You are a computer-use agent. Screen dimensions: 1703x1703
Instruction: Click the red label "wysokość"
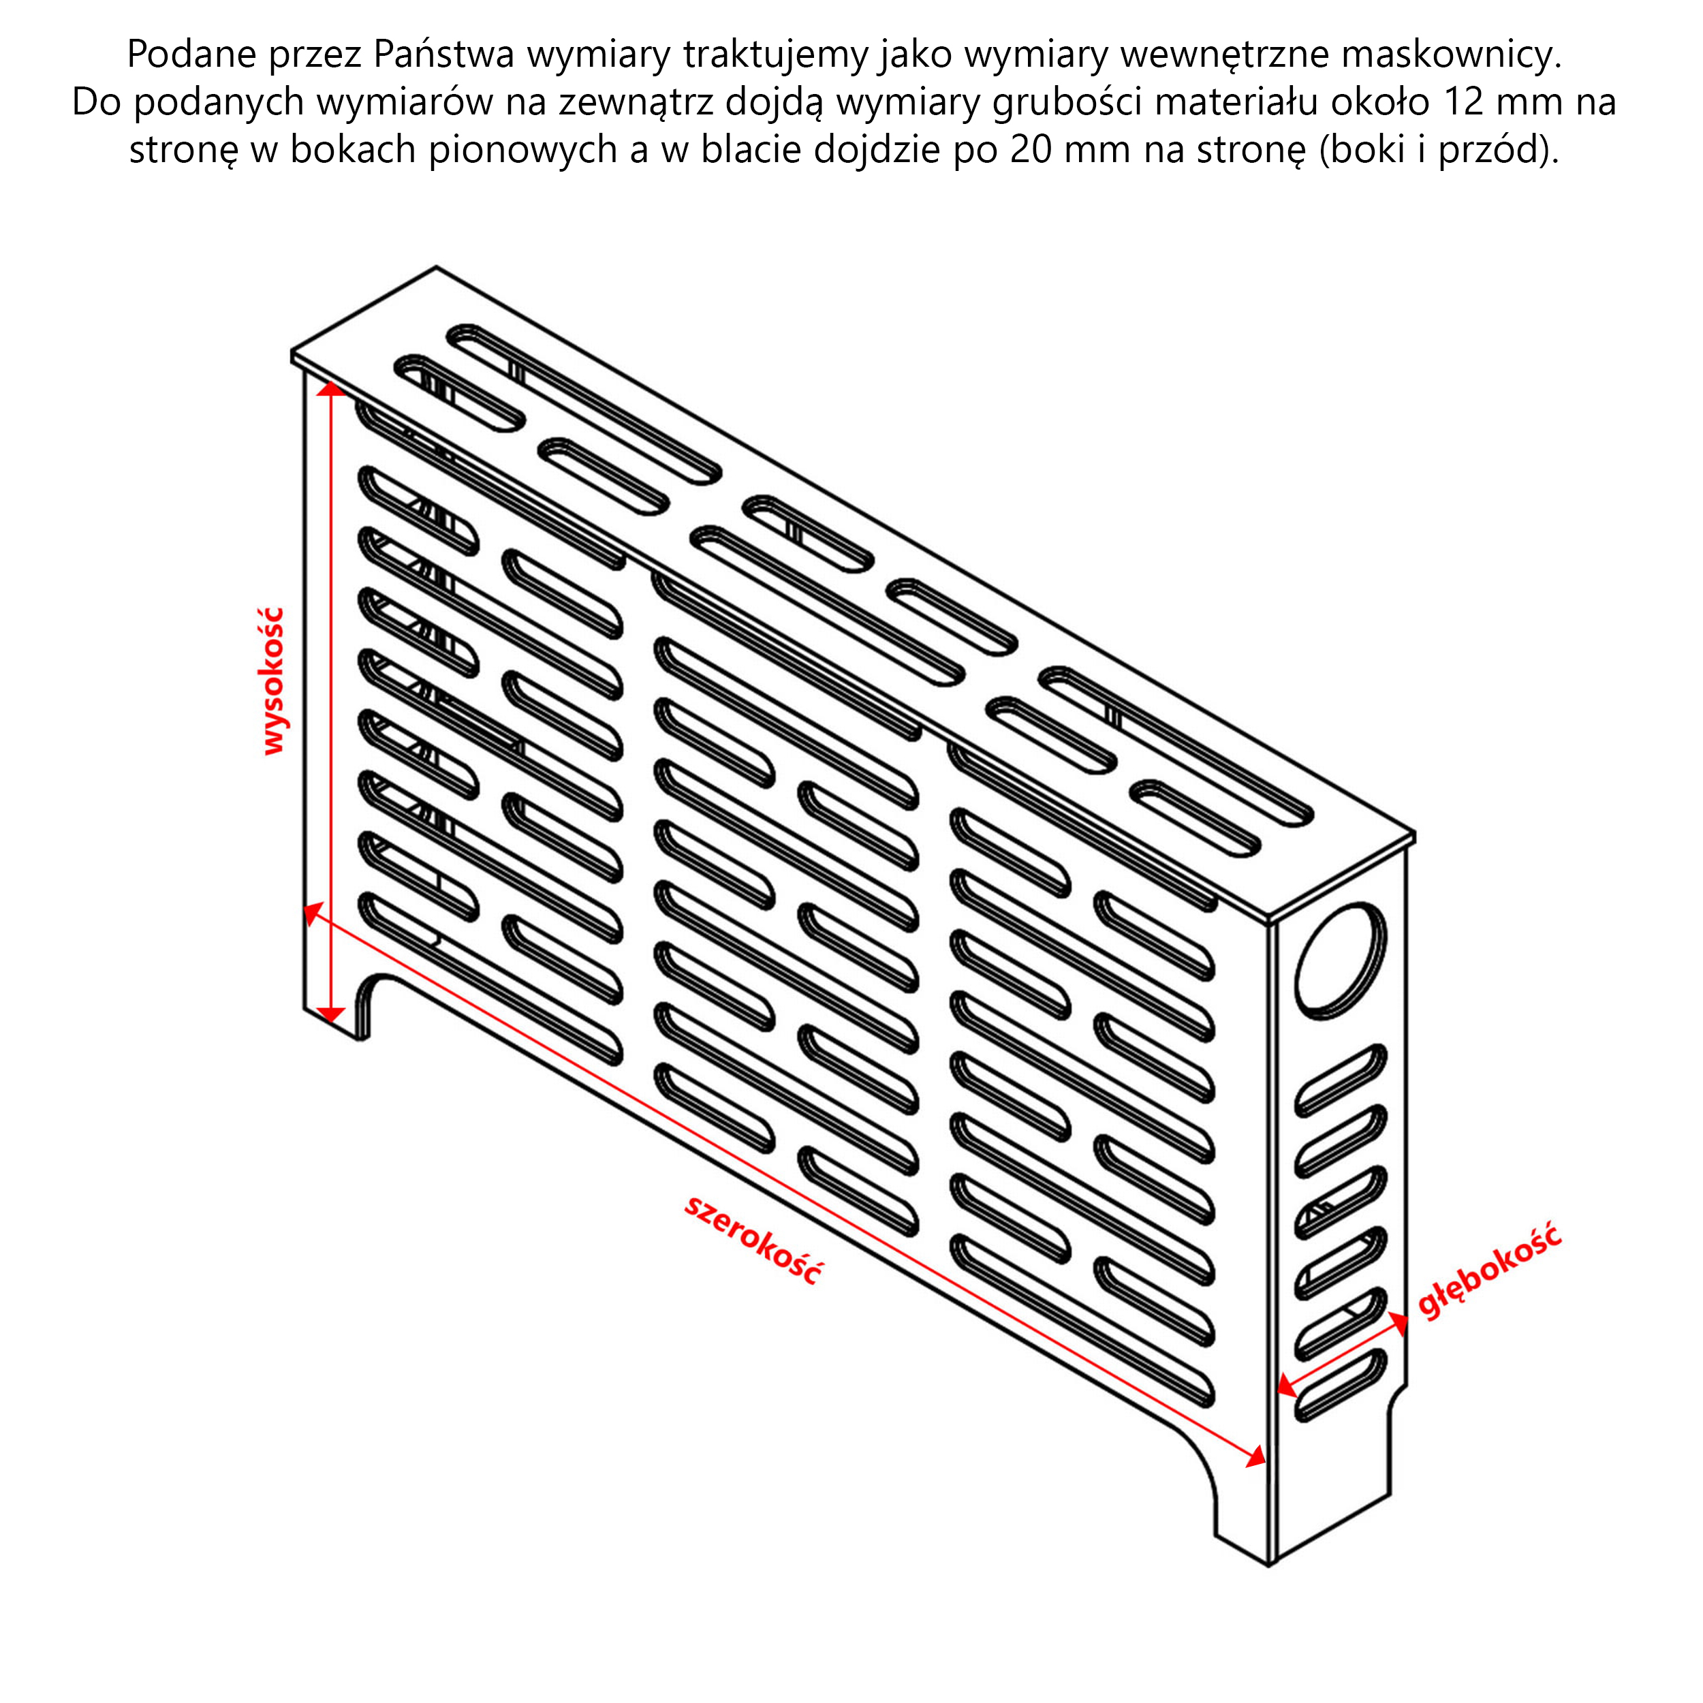click(x=274, y=681)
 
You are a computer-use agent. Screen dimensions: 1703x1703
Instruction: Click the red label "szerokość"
click(x=753, y=1238)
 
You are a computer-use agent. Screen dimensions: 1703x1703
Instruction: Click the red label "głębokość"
click(x=1490, y=1270)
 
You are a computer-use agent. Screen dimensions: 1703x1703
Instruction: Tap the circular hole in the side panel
click(x=1340, y=960)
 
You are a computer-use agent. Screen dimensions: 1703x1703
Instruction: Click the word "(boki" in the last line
click(x=1368, y=150)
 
